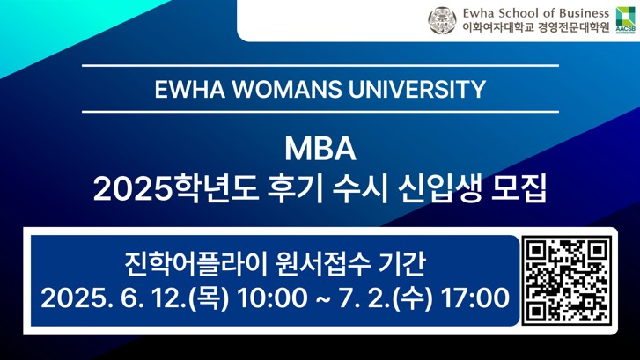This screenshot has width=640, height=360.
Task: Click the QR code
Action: pos(567,282)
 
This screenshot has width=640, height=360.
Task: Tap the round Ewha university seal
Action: pos(442,20)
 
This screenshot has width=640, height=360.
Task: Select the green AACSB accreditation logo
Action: pos(625,20)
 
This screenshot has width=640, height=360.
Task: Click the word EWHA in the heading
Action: pos(190,89)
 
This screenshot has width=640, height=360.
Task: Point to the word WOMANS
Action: pos(287,89)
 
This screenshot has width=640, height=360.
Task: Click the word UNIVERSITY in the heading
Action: pos(416,89)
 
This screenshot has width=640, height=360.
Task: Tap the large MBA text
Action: pos(320,150)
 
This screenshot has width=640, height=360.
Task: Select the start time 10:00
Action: pos(272,298)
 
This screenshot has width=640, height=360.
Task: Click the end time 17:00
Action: pos(476,298)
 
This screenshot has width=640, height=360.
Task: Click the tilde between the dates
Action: pos(322,298)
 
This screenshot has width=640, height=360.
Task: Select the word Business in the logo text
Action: pos(584,13)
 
